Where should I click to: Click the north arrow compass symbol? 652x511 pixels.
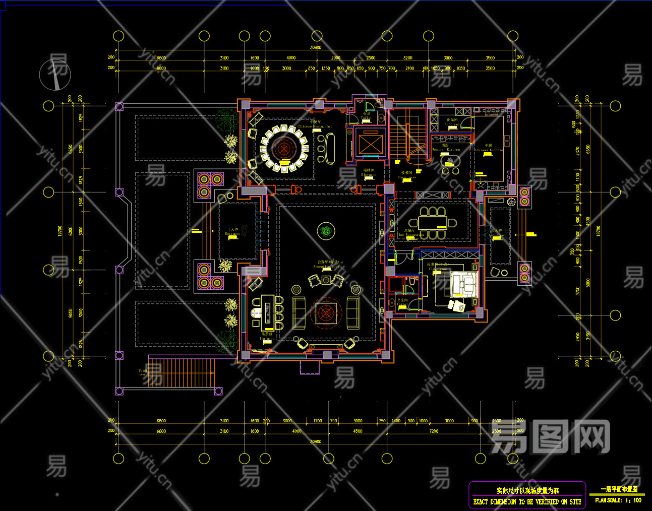(55, 75)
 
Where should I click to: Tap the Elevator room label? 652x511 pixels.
(369, 173)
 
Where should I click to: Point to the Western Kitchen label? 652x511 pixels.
(446, 148)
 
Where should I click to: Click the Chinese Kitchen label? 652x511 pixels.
(489, 148)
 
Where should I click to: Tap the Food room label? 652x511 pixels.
(452, 122)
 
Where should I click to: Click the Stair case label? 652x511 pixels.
(407, 175)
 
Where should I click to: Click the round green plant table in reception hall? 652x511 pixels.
(326, 231)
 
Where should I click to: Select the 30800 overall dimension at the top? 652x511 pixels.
(316, 48)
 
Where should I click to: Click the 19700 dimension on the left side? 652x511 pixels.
(60, 231)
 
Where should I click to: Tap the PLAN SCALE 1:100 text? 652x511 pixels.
(618, 500)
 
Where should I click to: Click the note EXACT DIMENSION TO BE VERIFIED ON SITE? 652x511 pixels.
(527, 502)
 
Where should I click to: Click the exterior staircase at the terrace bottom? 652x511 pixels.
(182, 372)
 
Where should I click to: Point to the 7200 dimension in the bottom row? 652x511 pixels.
(434, 431)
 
